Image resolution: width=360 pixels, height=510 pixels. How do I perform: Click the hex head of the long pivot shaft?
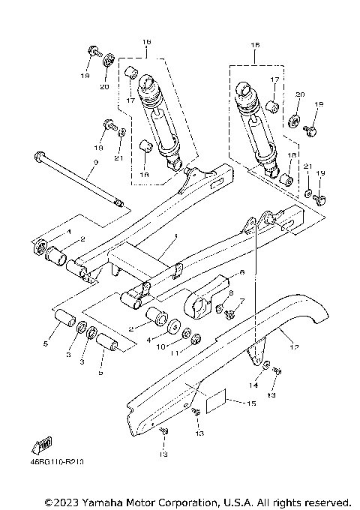point(37,157)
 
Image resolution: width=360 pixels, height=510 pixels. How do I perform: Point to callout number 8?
point(230,293)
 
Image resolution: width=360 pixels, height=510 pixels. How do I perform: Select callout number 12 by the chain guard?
point(293,346)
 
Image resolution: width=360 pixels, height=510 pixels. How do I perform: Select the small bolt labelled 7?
point(229,313)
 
